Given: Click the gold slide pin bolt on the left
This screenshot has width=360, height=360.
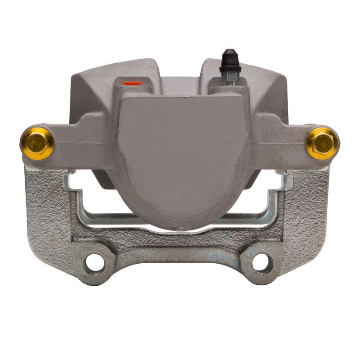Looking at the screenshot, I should pos(37,143).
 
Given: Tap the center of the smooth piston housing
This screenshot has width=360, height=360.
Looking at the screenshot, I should pos(184,153).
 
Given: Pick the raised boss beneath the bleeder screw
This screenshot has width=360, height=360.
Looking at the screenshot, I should pos(229,88).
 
